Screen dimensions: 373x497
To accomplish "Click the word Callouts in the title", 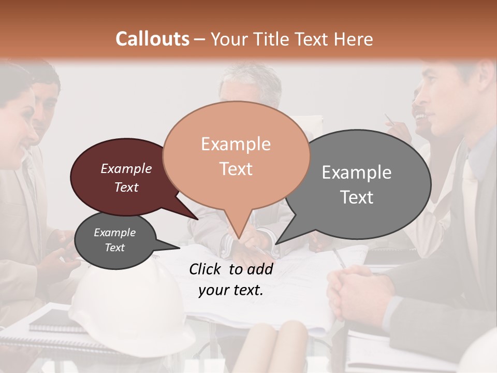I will pyautogui.click(x=152, y=39).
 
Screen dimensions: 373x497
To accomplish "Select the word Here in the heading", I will pyautogui.click(x=354, y=39).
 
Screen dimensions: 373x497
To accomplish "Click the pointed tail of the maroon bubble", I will pyautogui.click(x=197, y=219).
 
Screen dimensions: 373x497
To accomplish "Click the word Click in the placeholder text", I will pyautogui.click(x=206, y=269).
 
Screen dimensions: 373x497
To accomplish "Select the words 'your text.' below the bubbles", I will pyautogui.click(x=231, y=290).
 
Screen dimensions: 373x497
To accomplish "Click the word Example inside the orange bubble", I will pyautogui.click(x=236, y=144).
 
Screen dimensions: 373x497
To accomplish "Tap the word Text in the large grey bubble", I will pyautogui.click(x=357, y=197).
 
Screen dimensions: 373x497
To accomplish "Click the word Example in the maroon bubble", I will pyautogui.click(x=126, y=168).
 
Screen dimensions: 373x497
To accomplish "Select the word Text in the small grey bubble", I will pyautogui.click(x=114, y=248).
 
